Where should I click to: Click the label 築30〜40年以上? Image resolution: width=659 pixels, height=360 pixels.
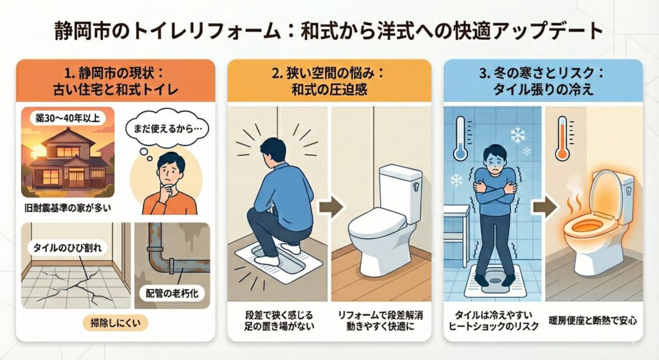[x=68, y=118]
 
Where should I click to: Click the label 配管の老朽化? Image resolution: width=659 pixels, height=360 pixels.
[x=172, y=294]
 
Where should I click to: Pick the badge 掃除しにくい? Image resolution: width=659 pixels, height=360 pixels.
[x=116, y=323]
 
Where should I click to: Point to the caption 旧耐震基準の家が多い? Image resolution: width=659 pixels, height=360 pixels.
[x=67, y=208]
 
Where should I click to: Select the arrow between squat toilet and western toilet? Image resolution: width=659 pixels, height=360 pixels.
[x=331, y=207]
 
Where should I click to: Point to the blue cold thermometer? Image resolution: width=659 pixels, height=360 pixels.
[x=460, y=138]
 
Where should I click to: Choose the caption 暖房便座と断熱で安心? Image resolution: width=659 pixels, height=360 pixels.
[x=593, y=321]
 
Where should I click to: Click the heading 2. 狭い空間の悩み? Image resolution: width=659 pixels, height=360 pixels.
[x=328, y=74]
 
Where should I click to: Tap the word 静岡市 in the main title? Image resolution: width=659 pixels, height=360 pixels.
[x=79, y=32]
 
